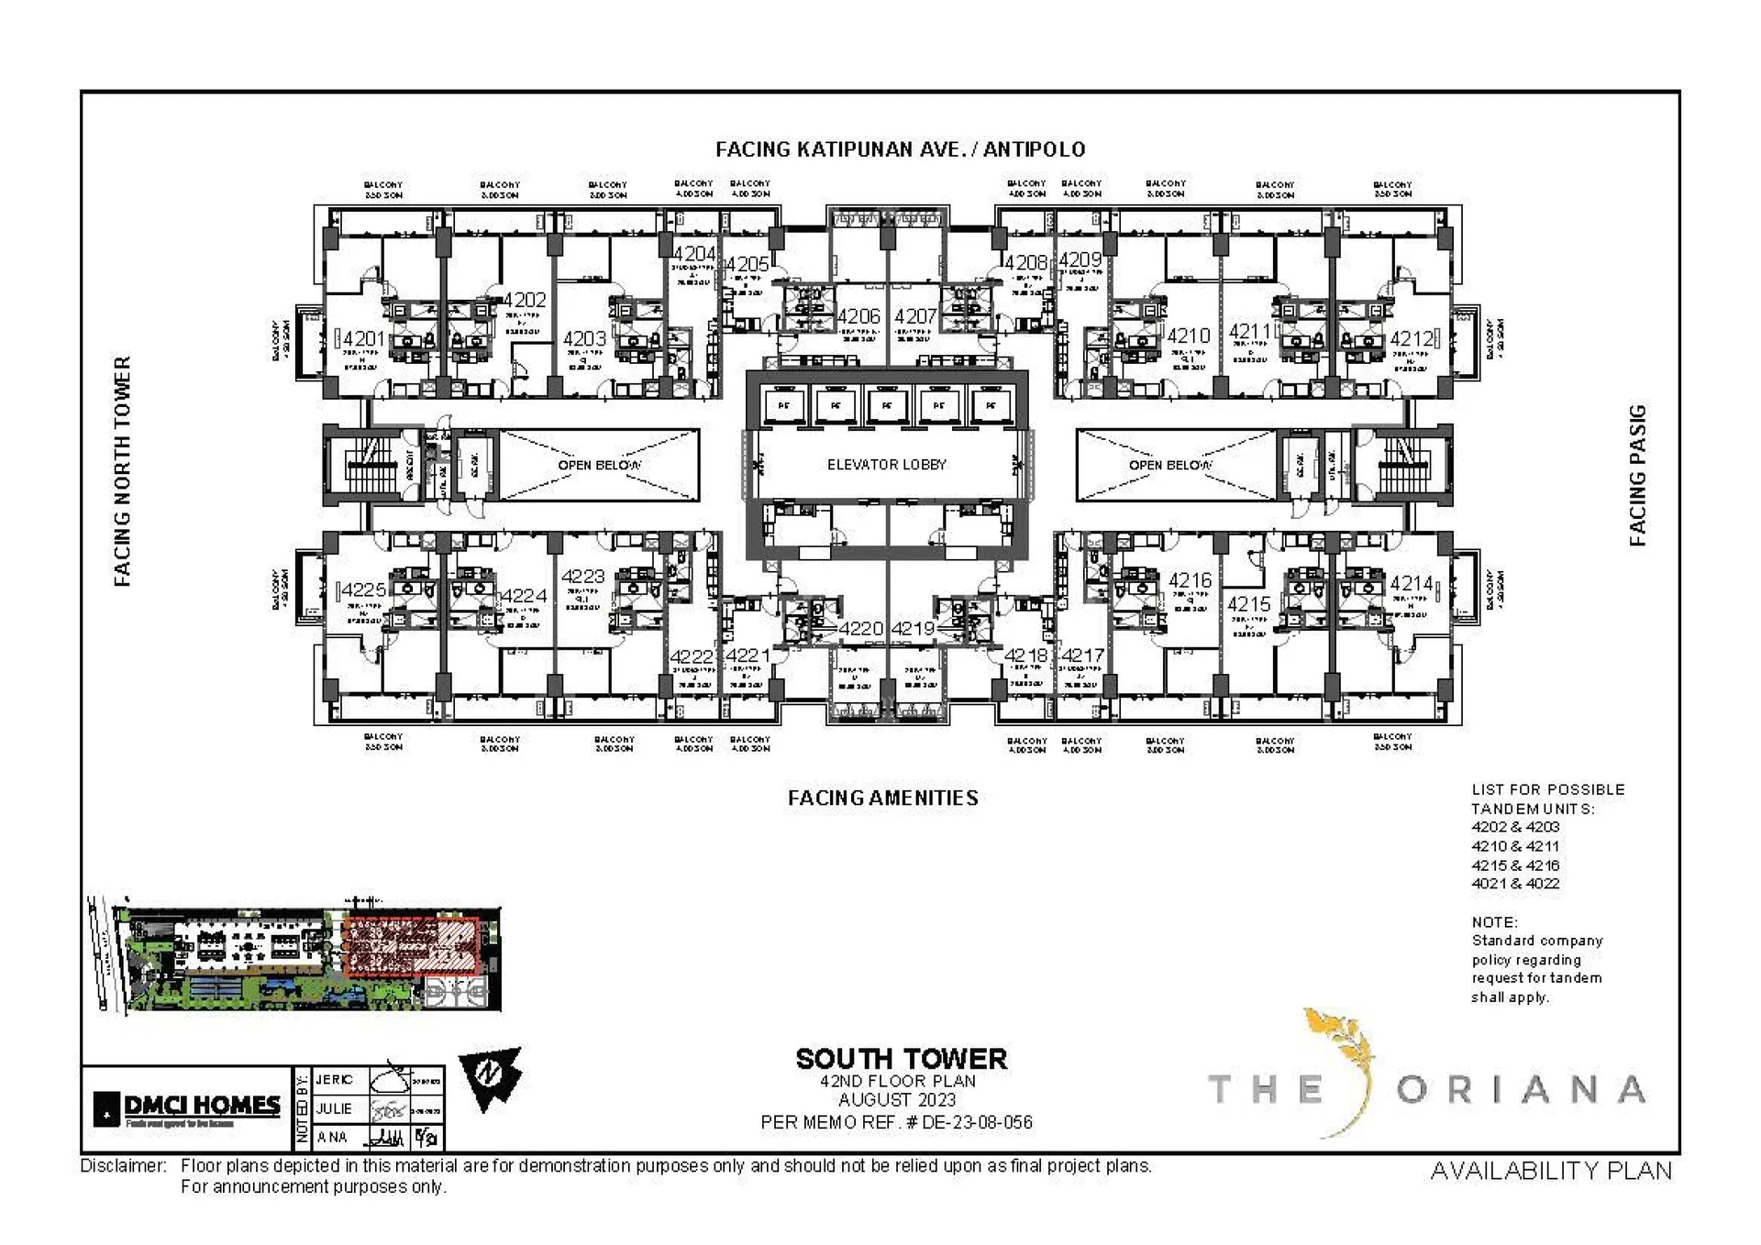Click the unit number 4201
pos(364,339)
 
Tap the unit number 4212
pos(1411,339)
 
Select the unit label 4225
pos(364,589)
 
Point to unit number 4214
pos(1411,583)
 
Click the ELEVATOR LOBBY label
pos(886,465)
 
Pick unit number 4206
pos(858,316)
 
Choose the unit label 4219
pos(913,629)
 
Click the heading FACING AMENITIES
pos(882,798)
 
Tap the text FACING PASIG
pos(1637,475)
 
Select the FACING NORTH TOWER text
pos(123,471)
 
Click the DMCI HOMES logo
pos(188,1108)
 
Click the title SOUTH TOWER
pos(901,1059)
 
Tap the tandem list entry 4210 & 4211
pos(1515,846)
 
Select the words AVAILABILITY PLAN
pos(1551,1171)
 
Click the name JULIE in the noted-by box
pos(333,1108)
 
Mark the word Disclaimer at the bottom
pos(123,1166)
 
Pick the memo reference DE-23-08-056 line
pos(896,1122)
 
